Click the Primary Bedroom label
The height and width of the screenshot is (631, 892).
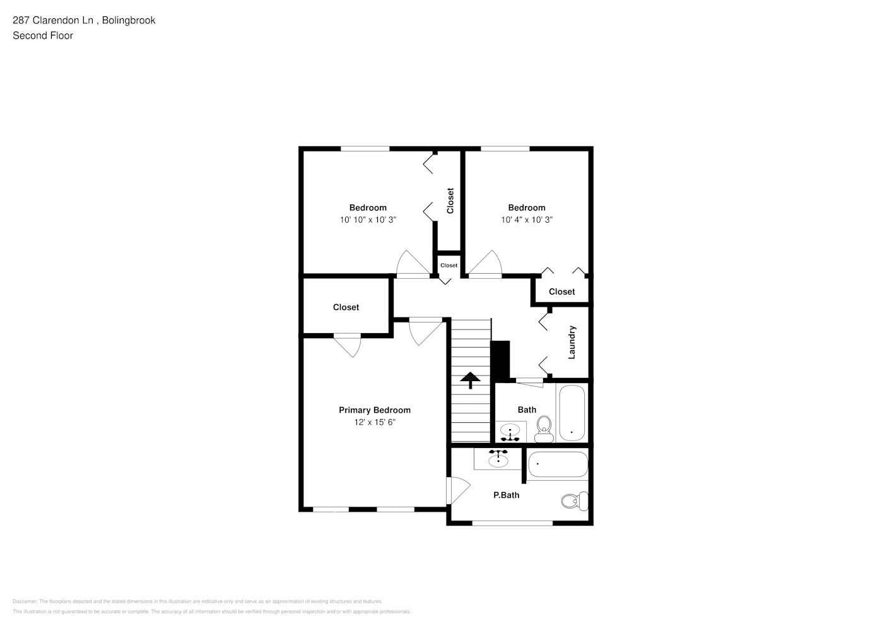(x=374, y=410)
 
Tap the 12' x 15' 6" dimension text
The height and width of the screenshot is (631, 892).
(x=374, y=422)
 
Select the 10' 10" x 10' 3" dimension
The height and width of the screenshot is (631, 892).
(x=368, y=220)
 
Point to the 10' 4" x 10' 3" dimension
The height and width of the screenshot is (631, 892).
(x=527, y=220)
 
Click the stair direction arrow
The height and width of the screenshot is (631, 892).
(x=470, y=380)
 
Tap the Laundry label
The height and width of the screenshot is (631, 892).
(x=572, y=342)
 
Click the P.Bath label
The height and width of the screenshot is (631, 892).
(x=506, y=495)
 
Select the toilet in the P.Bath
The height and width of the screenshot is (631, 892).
(x=573, y=502)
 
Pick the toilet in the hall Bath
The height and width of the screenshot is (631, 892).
(x=543, y=431)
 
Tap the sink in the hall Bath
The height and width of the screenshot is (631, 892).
(x=510, y=433)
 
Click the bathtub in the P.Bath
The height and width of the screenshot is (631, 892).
(x=557, y=465)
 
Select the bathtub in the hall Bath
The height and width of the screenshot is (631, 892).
(x=572, y=413)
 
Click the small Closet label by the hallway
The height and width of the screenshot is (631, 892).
(x=449, y=266)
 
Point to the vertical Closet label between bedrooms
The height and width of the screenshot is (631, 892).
(x=450, y=201)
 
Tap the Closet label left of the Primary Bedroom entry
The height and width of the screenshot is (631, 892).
(x=346, y=307)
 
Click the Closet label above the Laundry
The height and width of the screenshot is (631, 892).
(x=561, y=292)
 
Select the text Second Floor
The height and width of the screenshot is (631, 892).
(x=43, y=35)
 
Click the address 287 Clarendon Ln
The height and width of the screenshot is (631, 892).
(x=54, y=20)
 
